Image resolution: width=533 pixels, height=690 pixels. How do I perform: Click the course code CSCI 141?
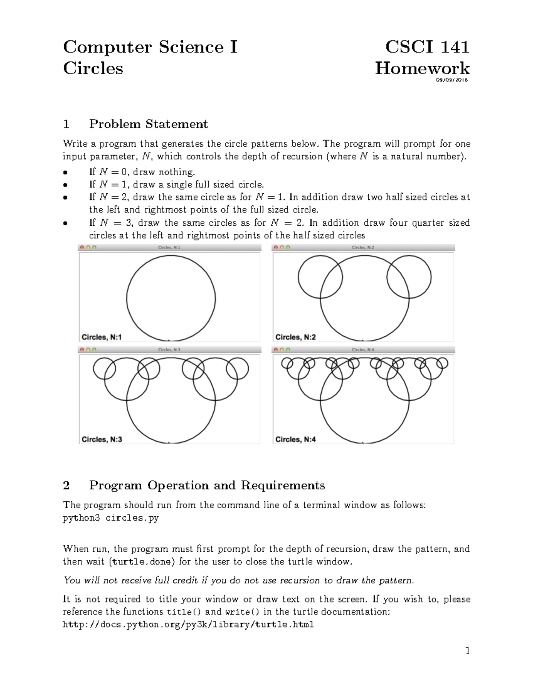(x=427, y=47)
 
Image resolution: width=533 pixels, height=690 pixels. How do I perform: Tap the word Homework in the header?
(x=422, y=68)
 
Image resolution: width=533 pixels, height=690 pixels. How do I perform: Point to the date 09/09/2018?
(x=451, y=80)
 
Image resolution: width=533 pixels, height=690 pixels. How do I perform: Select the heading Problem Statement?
(x=148, y=124)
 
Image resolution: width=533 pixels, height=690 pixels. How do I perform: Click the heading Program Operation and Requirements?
(x=207, y=485)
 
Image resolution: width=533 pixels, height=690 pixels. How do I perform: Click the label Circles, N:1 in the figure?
(x=101, y=337)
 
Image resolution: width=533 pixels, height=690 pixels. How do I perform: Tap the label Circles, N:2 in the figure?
(x=295, y=337)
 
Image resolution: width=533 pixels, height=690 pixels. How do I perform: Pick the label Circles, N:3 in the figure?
(x=102, y=439)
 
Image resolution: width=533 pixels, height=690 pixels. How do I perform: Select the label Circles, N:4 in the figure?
(x=295, y=439)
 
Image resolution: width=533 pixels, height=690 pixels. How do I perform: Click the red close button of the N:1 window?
(x=82, y=247)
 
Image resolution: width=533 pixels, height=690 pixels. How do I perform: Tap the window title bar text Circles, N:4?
(x=363, y=350)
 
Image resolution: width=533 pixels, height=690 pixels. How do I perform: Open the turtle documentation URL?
(x=188, y=625)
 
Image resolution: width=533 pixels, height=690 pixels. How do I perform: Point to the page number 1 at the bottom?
(x=467, y=651)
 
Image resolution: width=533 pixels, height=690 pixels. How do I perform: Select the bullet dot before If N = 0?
(x=65, y=172)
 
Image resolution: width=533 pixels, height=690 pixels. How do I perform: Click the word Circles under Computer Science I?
(x=93, y=68)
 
